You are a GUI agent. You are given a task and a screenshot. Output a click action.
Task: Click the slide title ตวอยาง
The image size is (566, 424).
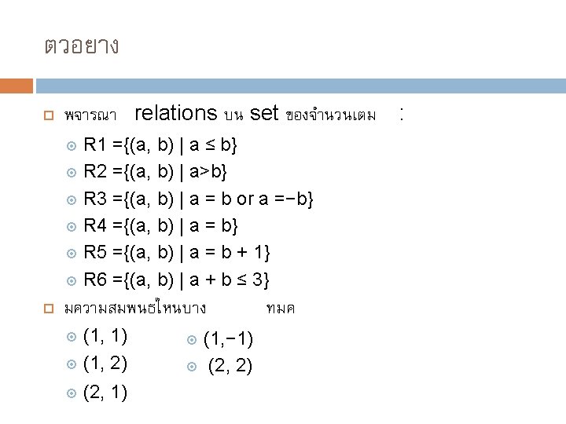pyautogui.click(x=81, y=46)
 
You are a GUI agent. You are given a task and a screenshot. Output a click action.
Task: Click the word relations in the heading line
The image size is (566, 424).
pyautogui.click(x=175, y=114)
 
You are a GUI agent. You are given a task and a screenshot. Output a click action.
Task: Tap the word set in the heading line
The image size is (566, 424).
pyautogui.click(x=263, y=114)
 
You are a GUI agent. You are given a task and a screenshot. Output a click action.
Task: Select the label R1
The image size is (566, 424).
pyautogui.click(x=96, y=145)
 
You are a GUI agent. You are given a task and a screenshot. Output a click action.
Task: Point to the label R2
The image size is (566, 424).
pyautogui.click(x=96, y=172)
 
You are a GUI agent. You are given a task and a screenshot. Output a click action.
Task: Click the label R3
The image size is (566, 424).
pyautogui.click(x=96, y=199)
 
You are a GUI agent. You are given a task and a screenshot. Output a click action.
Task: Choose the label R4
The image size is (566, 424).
pyautogui.click(x=96, y=226)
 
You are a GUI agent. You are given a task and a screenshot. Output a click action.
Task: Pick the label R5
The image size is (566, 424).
pyautogui.click(x=96, y=253)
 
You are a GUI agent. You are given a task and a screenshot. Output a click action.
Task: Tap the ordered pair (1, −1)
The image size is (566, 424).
pyautogui.click(x=228, y=340)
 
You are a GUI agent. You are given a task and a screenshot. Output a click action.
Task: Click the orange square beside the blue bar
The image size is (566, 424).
pyautogui.click(x=17, y=85)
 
